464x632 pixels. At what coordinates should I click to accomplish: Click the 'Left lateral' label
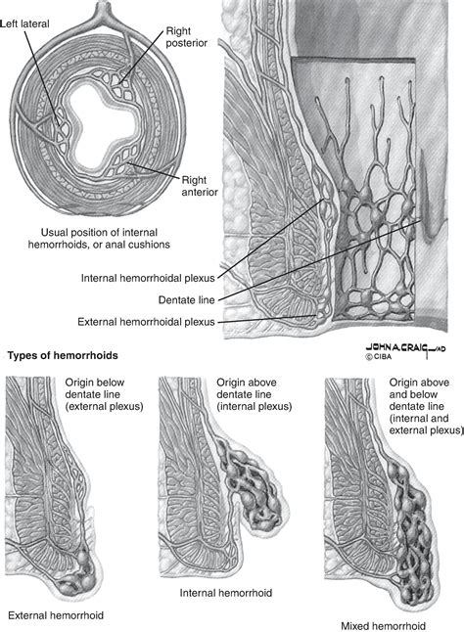pyautogui.click(x=24, y=23)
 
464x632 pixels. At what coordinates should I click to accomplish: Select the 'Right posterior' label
pyautogui.click(x=187, y=36)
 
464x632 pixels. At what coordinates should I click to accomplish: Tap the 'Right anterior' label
pyautogui.click(x=200, y=186)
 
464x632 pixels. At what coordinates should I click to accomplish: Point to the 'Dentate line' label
pyautogui.click(x=186, y=300)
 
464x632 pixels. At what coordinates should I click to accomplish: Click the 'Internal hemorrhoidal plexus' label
pyautogui.click(x=148, y=278)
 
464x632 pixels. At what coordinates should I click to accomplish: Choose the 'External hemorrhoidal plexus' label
pyautogui.click(x=146, y=322)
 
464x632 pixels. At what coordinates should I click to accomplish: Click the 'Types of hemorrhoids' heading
pyautogui.click(x=63, y=355)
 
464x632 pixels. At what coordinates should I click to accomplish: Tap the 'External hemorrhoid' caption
pyautogui.click(x=56, y=615)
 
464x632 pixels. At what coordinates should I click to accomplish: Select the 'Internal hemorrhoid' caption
pyautogui.click(x=226, y=593)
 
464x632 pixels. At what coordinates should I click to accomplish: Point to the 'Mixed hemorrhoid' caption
pyautogui.click(x=383, y=626)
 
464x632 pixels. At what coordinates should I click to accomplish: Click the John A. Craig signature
pyautogui.click(x=405, y=348)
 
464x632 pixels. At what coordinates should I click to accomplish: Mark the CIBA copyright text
pyautogui.click(x=379, y=357)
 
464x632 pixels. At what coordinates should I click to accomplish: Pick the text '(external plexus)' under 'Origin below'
pyautogui.click(x=104, y=406)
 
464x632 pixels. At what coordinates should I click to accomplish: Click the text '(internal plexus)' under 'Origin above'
pyautogui.click(x=254, y=406)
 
